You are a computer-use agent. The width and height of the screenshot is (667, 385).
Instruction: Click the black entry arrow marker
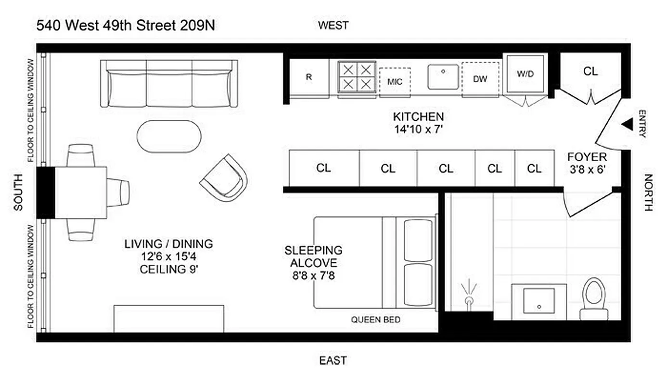[627, 124]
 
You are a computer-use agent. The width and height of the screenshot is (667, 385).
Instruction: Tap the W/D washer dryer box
[525, 75]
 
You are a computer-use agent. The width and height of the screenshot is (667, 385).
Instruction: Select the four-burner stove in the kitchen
[357, 77]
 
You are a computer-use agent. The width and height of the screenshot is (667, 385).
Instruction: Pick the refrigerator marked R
[308, 77]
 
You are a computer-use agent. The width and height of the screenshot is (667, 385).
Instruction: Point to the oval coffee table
[169, 136]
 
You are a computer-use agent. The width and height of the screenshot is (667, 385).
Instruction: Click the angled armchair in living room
[224, 178]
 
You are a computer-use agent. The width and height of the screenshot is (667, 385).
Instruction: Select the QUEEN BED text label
[375, 320]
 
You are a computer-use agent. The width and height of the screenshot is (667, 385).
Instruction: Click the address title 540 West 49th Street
[126, 26]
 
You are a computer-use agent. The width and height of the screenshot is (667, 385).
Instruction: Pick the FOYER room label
[587, 157]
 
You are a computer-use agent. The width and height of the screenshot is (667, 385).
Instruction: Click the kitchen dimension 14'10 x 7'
[418, 128]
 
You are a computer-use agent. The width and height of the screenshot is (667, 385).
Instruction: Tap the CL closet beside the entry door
[590, 71]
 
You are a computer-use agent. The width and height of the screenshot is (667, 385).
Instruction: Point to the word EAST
[333, 360]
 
